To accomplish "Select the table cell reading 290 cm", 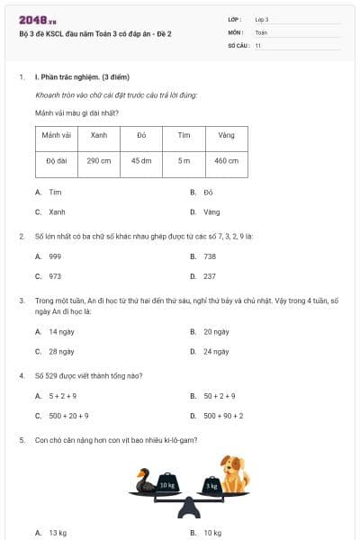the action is click(x=99, y=161).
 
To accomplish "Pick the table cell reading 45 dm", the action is click(x=141, y=161).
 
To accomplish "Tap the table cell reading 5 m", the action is click(x=184, y=161).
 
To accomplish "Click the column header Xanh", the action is click(x=99, y=135).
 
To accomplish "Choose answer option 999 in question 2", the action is click(x=54, y=256).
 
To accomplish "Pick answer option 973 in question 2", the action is click(x=54, y=276).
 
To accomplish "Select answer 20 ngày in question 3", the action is click(x=214, y=332).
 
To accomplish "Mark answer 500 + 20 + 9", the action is click(x=68, y=416).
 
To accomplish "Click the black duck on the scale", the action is click(x=145, y=482).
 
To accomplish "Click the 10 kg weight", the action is click(x=168, y=483).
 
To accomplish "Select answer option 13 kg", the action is click(x=57, y=533).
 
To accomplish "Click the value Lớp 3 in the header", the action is click(x=262, y=19).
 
